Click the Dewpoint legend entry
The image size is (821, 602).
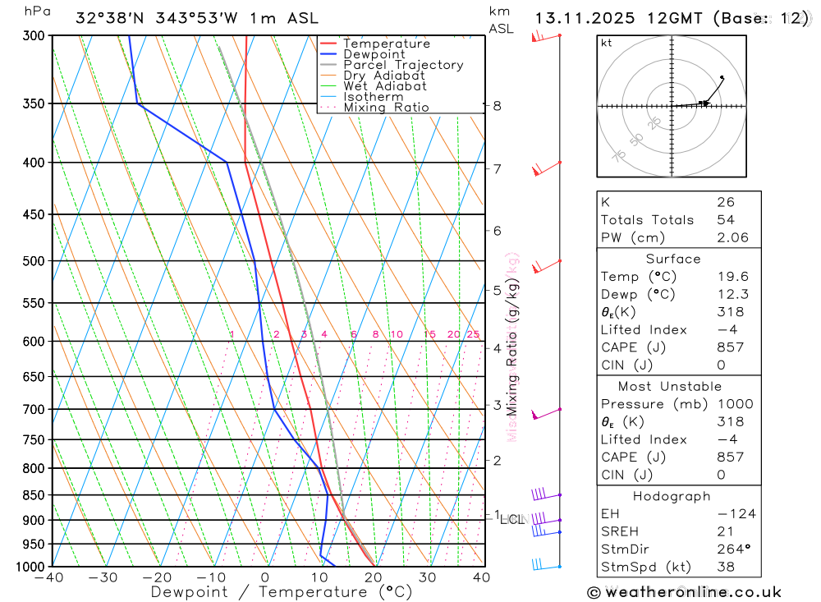374,54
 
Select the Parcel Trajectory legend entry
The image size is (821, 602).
402,65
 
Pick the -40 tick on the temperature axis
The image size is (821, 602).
50,577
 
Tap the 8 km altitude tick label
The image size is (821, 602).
497,105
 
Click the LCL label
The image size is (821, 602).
511,519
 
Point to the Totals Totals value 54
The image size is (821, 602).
725,219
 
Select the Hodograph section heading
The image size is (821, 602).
678,496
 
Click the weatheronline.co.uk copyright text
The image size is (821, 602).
684,592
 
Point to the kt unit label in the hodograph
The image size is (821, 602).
607,43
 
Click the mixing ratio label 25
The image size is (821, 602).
473,334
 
